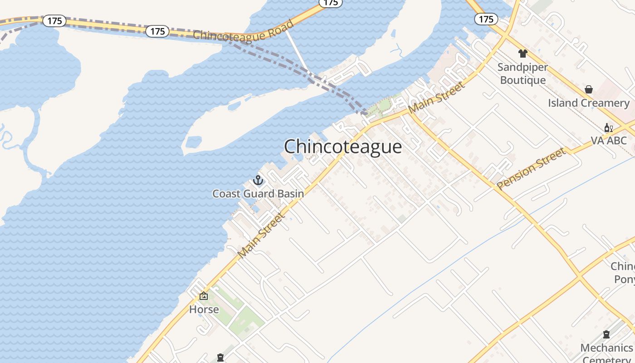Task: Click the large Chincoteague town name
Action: (343, 147)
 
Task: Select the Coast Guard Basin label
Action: (258, 194)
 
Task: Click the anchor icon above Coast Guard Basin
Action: (258, 181)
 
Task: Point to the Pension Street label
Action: (531, 169)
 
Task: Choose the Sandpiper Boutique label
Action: (523, 74)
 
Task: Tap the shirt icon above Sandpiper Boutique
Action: (523, 54)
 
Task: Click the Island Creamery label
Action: (589, 103)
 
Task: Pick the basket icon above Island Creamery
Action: (589, 89)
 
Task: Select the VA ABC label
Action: (608, 141)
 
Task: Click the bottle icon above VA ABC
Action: (608, 128)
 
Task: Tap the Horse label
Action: (204, 309)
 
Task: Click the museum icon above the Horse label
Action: (204, 296)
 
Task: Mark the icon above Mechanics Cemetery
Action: (606, 335)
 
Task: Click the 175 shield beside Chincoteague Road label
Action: (157, 31)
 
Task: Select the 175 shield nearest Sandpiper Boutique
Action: (486, 19)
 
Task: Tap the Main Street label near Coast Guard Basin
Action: (262, 235)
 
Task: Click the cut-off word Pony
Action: (624, 279)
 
